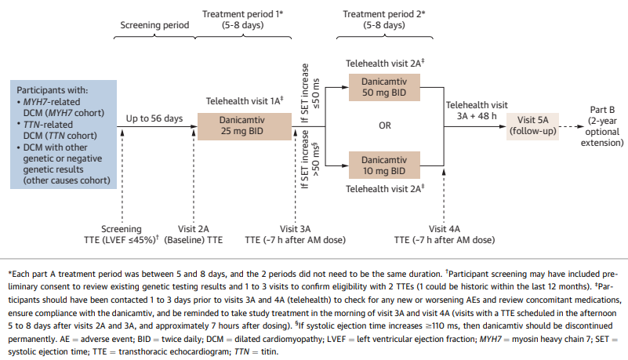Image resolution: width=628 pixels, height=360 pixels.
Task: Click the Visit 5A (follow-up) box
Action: coord(534,125)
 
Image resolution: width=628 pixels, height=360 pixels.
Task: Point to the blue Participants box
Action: coord(63,133)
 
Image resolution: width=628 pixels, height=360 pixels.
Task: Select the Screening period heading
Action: coord(154,24)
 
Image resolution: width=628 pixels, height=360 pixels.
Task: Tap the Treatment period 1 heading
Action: coord(241,20)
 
